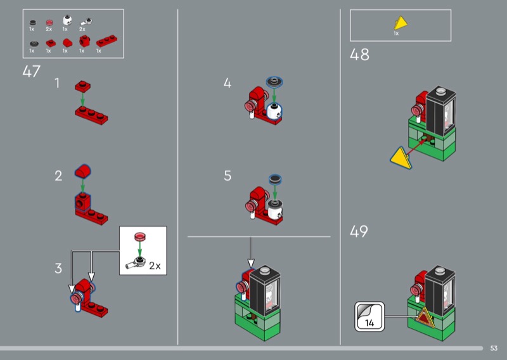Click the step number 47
pyautogui.click(x=31, y=71)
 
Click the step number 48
pyautogui.click(x=359, y=55)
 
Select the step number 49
pyautogui.click(x=359, y=232)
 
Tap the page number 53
pyautogui.click(x=494, y=348)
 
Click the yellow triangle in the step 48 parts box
pyautogui.click(x=400, y=24)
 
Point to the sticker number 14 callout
pyautogui.click(x=369, y=316)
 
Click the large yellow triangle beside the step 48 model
pyautogui.click(x=399, y=157)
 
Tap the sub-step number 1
pyautogui.click(x=58, y=83)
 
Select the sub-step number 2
pyautogui.click(x=58, y=176)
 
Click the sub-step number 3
pyautogui.click(x=58, y=269)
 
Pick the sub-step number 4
pyautogui.click(x=228, y=83)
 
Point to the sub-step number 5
pyautogui.click(x=228, y=176)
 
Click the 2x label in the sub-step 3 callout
pyautogui.click(x=155, y=266)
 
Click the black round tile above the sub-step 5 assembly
pyautogui.click(x=276, y=179)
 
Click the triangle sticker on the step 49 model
pyautogui.click(x=424, y=316)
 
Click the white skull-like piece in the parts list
pyautogui.click(x=65, y=21)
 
